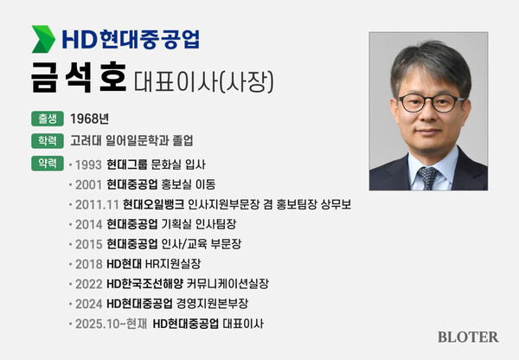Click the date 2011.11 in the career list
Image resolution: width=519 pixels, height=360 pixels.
coord(97,204)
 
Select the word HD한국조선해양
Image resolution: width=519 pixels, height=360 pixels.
coord(150,284)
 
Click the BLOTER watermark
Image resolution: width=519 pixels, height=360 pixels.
coord(468,337)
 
